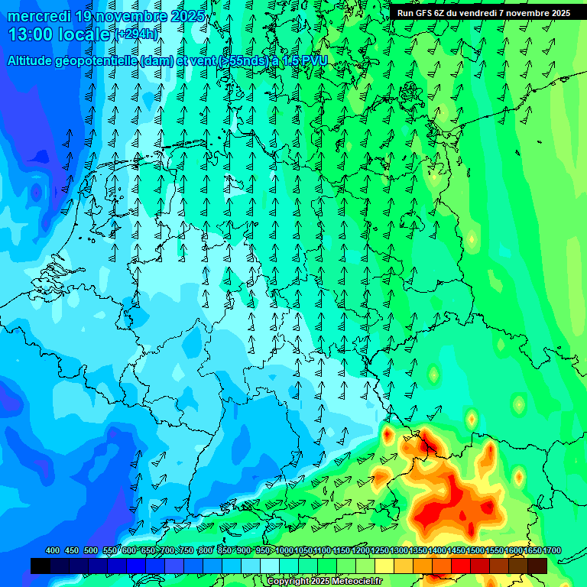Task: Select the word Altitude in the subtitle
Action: tap(34, 60)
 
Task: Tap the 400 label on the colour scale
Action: tap(53, 551)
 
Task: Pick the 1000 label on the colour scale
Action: tap(284, 551)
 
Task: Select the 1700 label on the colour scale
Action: tap(552, 551)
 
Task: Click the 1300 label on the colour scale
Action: tap(399, 551)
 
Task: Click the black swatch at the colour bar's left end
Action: tap(41, 566)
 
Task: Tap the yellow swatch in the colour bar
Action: tap(384, 566)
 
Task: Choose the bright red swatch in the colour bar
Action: tap(461, 566)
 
